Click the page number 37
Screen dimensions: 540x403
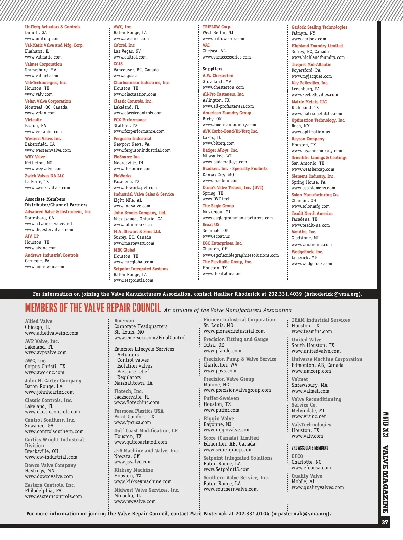tap(385, 522)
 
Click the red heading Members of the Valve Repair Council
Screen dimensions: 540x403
tap(93, 308)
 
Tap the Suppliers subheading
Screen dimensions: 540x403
tap(212, 69)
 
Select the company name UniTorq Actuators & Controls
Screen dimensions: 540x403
tap(52, 27)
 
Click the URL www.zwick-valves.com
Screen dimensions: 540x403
tap(47, 188)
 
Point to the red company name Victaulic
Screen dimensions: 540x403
tap(33, 120)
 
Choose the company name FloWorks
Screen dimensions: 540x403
tap(122, 176)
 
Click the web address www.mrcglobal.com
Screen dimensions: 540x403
tap(133, 262)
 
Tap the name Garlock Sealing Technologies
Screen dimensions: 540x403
tap(319, 27)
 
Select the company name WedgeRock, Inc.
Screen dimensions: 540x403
tap(307, 252)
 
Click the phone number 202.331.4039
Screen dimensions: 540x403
tap(285, 294)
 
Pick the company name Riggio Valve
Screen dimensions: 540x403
tap(219, 419)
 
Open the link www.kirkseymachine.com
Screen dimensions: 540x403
tap(143, 481)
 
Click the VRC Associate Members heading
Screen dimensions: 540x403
tap(310, 448)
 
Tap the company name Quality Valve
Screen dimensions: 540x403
tap(307, 476)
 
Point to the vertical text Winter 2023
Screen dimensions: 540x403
tap(386, 424)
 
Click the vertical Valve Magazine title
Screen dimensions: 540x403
tap(386, 479)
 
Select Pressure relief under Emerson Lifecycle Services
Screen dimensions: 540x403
tap(133, 372)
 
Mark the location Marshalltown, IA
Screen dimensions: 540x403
tap(133, 383)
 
